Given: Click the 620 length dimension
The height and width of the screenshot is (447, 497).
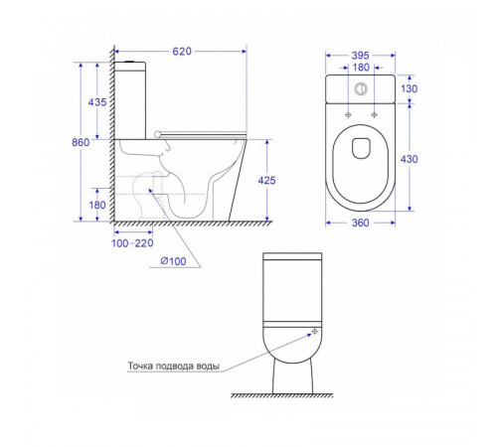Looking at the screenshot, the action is click(182, 52).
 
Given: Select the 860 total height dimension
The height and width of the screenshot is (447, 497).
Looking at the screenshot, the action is click(81, 142).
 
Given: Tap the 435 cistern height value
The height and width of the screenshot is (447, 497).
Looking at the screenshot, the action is click(97, 102).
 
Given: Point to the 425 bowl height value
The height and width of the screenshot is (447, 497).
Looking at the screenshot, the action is click(266, 181).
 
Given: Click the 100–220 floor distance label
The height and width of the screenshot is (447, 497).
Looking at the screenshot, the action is click(132, 243).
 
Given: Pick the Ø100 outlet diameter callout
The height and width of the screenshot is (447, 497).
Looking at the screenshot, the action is click(173, 261).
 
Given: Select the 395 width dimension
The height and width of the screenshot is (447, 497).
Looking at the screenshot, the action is click(360, 56).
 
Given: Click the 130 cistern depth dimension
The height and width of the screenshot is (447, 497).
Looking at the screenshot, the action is click(410, 88).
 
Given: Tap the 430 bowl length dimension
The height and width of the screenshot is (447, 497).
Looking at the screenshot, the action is click(410, 159).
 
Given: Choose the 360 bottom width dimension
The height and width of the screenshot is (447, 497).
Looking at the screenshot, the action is click(360, 223).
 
